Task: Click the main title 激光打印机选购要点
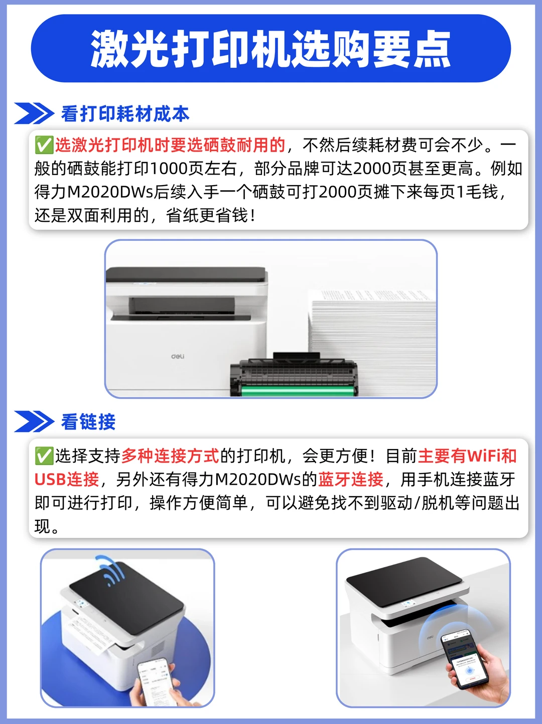coord(270,49)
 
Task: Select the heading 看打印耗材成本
coord(125,114)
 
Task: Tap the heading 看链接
coord(88,421)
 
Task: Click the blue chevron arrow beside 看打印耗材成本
coord(34,113)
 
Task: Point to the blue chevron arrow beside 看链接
coord(34,421)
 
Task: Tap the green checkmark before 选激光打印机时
coord(44,145)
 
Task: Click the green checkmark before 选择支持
coord(44,456)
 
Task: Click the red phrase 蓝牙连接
coord(350,480)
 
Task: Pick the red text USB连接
coord(67,480)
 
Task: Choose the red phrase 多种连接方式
coord(170,456)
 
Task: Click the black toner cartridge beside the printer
coord(294,374)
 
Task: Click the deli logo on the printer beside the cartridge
coord(178,356)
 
